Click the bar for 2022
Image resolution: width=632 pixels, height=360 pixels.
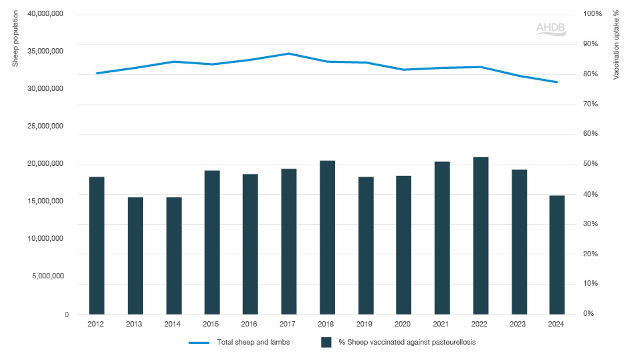click(x=480, y=236)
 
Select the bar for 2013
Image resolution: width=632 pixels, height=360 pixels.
click(x=135, y=256)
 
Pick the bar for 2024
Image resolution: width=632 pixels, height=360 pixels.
click(x=557, y=255)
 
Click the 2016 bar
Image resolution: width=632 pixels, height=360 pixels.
click(x=250, y=244)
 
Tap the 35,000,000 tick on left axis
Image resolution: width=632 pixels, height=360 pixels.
click(x=44, y=51)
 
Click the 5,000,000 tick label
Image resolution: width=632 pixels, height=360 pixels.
click(x=47, y=276)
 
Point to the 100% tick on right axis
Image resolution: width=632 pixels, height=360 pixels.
click(x=593, y=13)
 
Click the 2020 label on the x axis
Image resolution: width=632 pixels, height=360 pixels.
click(x=403, y=324)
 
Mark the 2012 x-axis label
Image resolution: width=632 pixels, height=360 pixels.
click(x=96, y=324)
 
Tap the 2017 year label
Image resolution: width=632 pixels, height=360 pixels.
click(x=288, y=324)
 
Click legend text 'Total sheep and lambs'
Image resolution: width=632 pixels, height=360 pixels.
click(x=251, y=343)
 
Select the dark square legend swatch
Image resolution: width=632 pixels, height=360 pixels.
click(x=327, y=343)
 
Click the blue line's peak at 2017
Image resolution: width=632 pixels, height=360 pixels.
click(x=288, y=54)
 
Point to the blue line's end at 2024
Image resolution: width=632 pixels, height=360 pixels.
click(x=557, y=82)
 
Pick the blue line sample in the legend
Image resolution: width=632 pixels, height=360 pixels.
click(x=200, y=343)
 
